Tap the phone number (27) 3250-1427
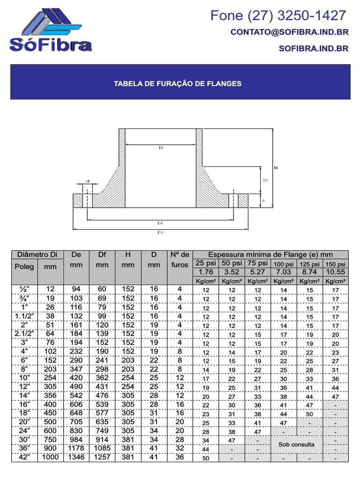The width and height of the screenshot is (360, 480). [x=278, y=15]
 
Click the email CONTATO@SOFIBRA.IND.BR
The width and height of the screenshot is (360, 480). [x=289, y=32]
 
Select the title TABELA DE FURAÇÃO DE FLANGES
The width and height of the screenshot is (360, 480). [x=178, y=83]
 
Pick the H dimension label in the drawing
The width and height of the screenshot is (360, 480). [x=276, y=167]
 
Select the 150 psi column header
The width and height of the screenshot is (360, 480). [x=335, y=264]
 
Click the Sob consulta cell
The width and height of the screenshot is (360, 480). [x=296, y=444]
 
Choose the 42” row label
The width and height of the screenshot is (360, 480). [x=23, y=457]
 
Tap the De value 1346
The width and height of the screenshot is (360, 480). [x=76, y=457]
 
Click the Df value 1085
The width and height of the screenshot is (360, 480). [x=102, y=449]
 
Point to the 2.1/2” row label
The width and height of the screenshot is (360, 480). [x=23, y=333]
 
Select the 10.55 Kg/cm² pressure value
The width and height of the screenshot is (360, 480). [x=335, y=272]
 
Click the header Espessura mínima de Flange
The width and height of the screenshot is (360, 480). [x=270, y=255]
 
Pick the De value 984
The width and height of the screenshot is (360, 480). [x=76, y=440]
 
